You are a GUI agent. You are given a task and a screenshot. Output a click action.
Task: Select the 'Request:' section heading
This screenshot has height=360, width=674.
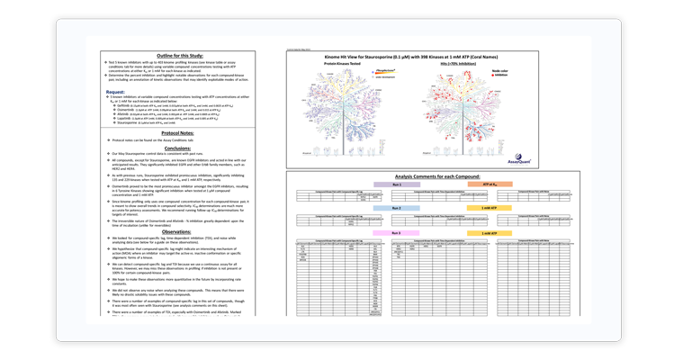115,92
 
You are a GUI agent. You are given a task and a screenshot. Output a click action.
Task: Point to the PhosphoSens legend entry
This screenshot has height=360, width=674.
384,70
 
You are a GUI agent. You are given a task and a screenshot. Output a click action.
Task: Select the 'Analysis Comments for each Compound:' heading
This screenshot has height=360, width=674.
437,176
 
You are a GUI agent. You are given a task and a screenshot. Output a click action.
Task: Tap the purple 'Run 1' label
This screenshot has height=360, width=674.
397,184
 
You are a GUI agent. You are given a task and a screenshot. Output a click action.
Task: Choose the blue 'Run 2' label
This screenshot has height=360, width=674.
397,208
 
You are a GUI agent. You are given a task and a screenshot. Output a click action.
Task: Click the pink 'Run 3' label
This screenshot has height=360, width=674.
397,233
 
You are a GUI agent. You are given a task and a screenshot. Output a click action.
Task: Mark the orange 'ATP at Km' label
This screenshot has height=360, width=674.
490,184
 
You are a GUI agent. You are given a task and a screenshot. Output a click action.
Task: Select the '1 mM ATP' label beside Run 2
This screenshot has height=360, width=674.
490,208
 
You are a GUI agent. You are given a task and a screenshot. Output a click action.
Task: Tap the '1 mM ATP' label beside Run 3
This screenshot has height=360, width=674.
490,233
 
